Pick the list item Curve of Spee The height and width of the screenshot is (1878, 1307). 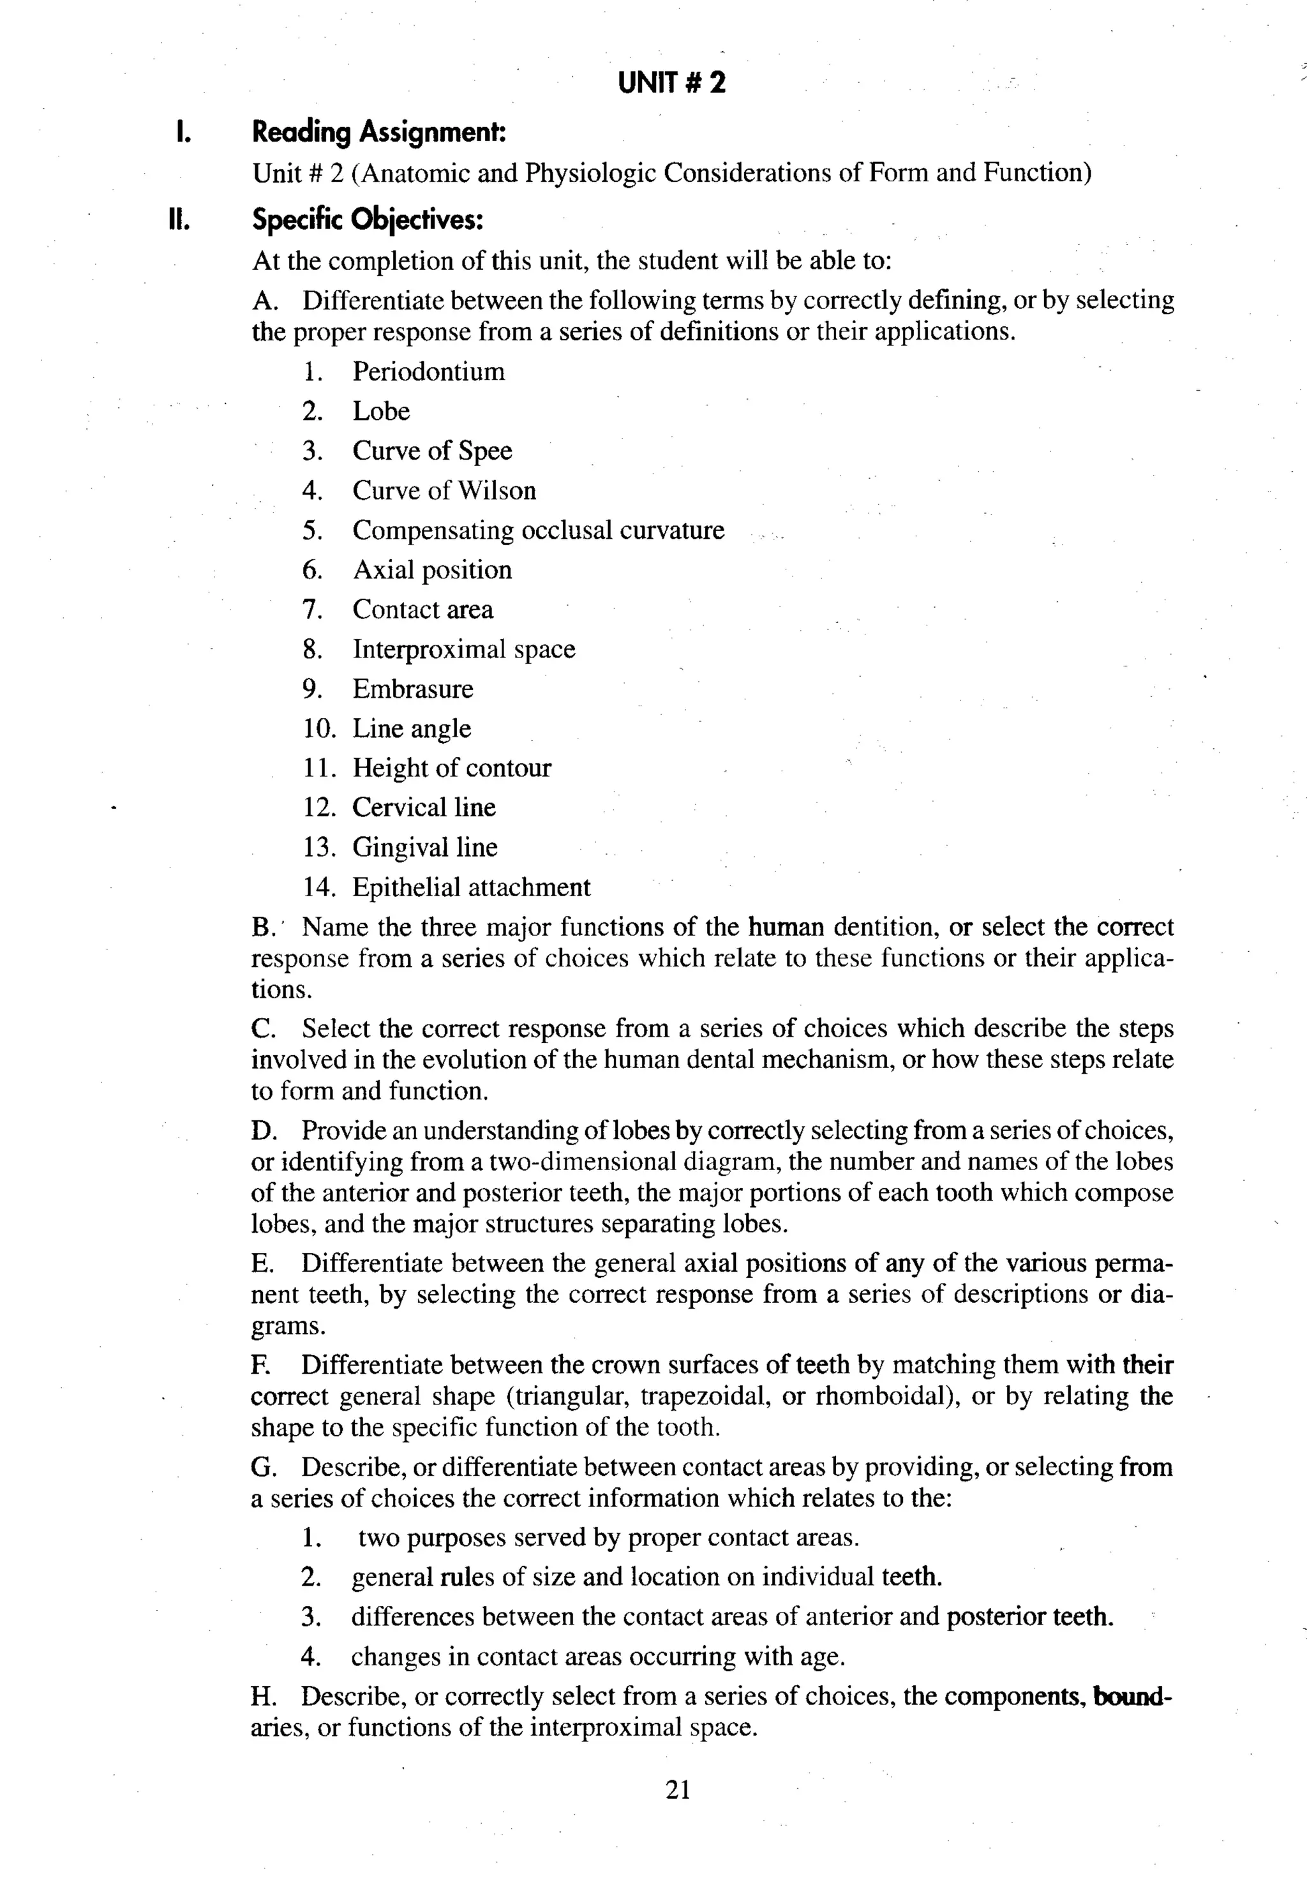coord(432,451)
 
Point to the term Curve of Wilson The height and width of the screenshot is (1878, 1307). coord(444,490)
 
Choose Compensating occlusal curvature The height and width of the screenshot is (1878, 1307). coord(537,530)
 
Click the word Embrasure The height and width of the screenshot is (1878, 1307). coord(412,689)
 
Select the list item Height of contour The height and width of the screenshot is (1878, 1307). coord(451,768)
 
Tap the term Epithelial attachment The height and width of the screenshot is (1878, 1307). coord(471,887)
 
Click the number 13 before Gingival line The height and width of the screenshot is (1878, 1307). coord(318,847)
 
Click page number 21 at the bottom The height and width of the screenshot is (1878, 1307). coord(678,1791)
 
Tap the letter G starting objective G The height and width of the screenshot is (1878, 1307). coord(262,1468)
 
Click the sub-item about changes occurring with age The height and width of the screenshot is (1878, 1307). coord(597,1657)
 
